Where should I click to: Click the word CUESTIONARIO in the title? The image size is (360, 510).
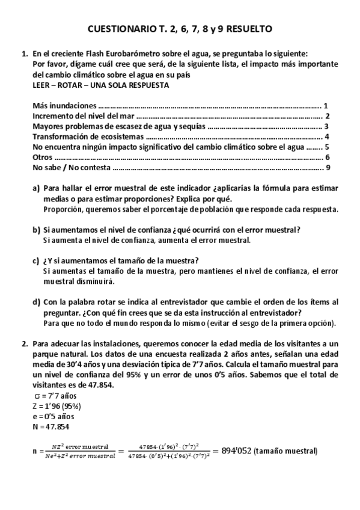point(119,28)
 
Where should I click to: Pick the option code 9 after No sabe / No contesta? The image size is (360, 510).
point(328,167)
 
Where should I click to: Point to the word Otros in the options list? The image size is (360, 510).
point(43,157)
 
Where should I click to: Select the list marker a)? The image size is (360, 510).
point(36,188)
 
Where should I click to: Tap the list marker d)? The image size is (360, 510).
point(36,302)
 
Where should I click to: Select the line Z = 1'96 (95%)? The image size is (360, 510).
point(58,406)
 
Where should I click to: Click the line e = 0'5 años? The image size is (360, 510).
point(53,416)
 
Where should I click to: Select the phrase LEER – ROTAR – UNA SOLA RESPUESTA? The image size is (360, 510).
point(100,85)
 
